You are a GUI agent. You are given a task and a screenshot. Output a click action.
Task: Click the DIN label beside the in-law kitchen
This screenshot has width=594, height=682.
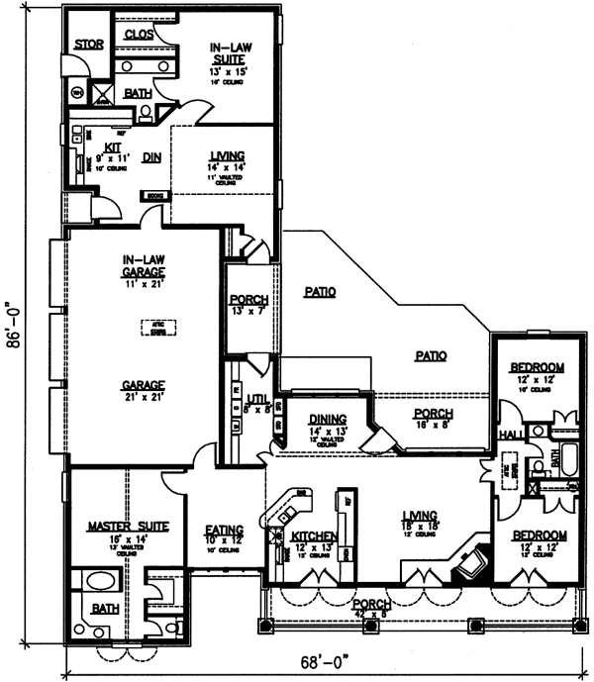151,155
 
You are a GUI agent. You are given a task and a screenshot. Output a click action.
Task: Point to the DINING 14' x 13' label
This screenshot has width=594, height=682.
327,423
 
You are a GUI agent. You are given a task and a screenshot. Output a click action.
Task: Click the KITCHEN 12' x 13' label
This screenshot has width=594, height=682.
316,540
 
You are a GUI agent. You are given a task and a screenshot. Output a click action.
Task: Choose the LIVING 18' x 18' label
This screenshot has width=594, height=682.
420,519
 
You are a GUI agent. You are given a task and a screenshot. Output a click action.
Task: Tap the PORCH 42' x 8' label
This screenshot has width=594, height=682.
369,606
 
